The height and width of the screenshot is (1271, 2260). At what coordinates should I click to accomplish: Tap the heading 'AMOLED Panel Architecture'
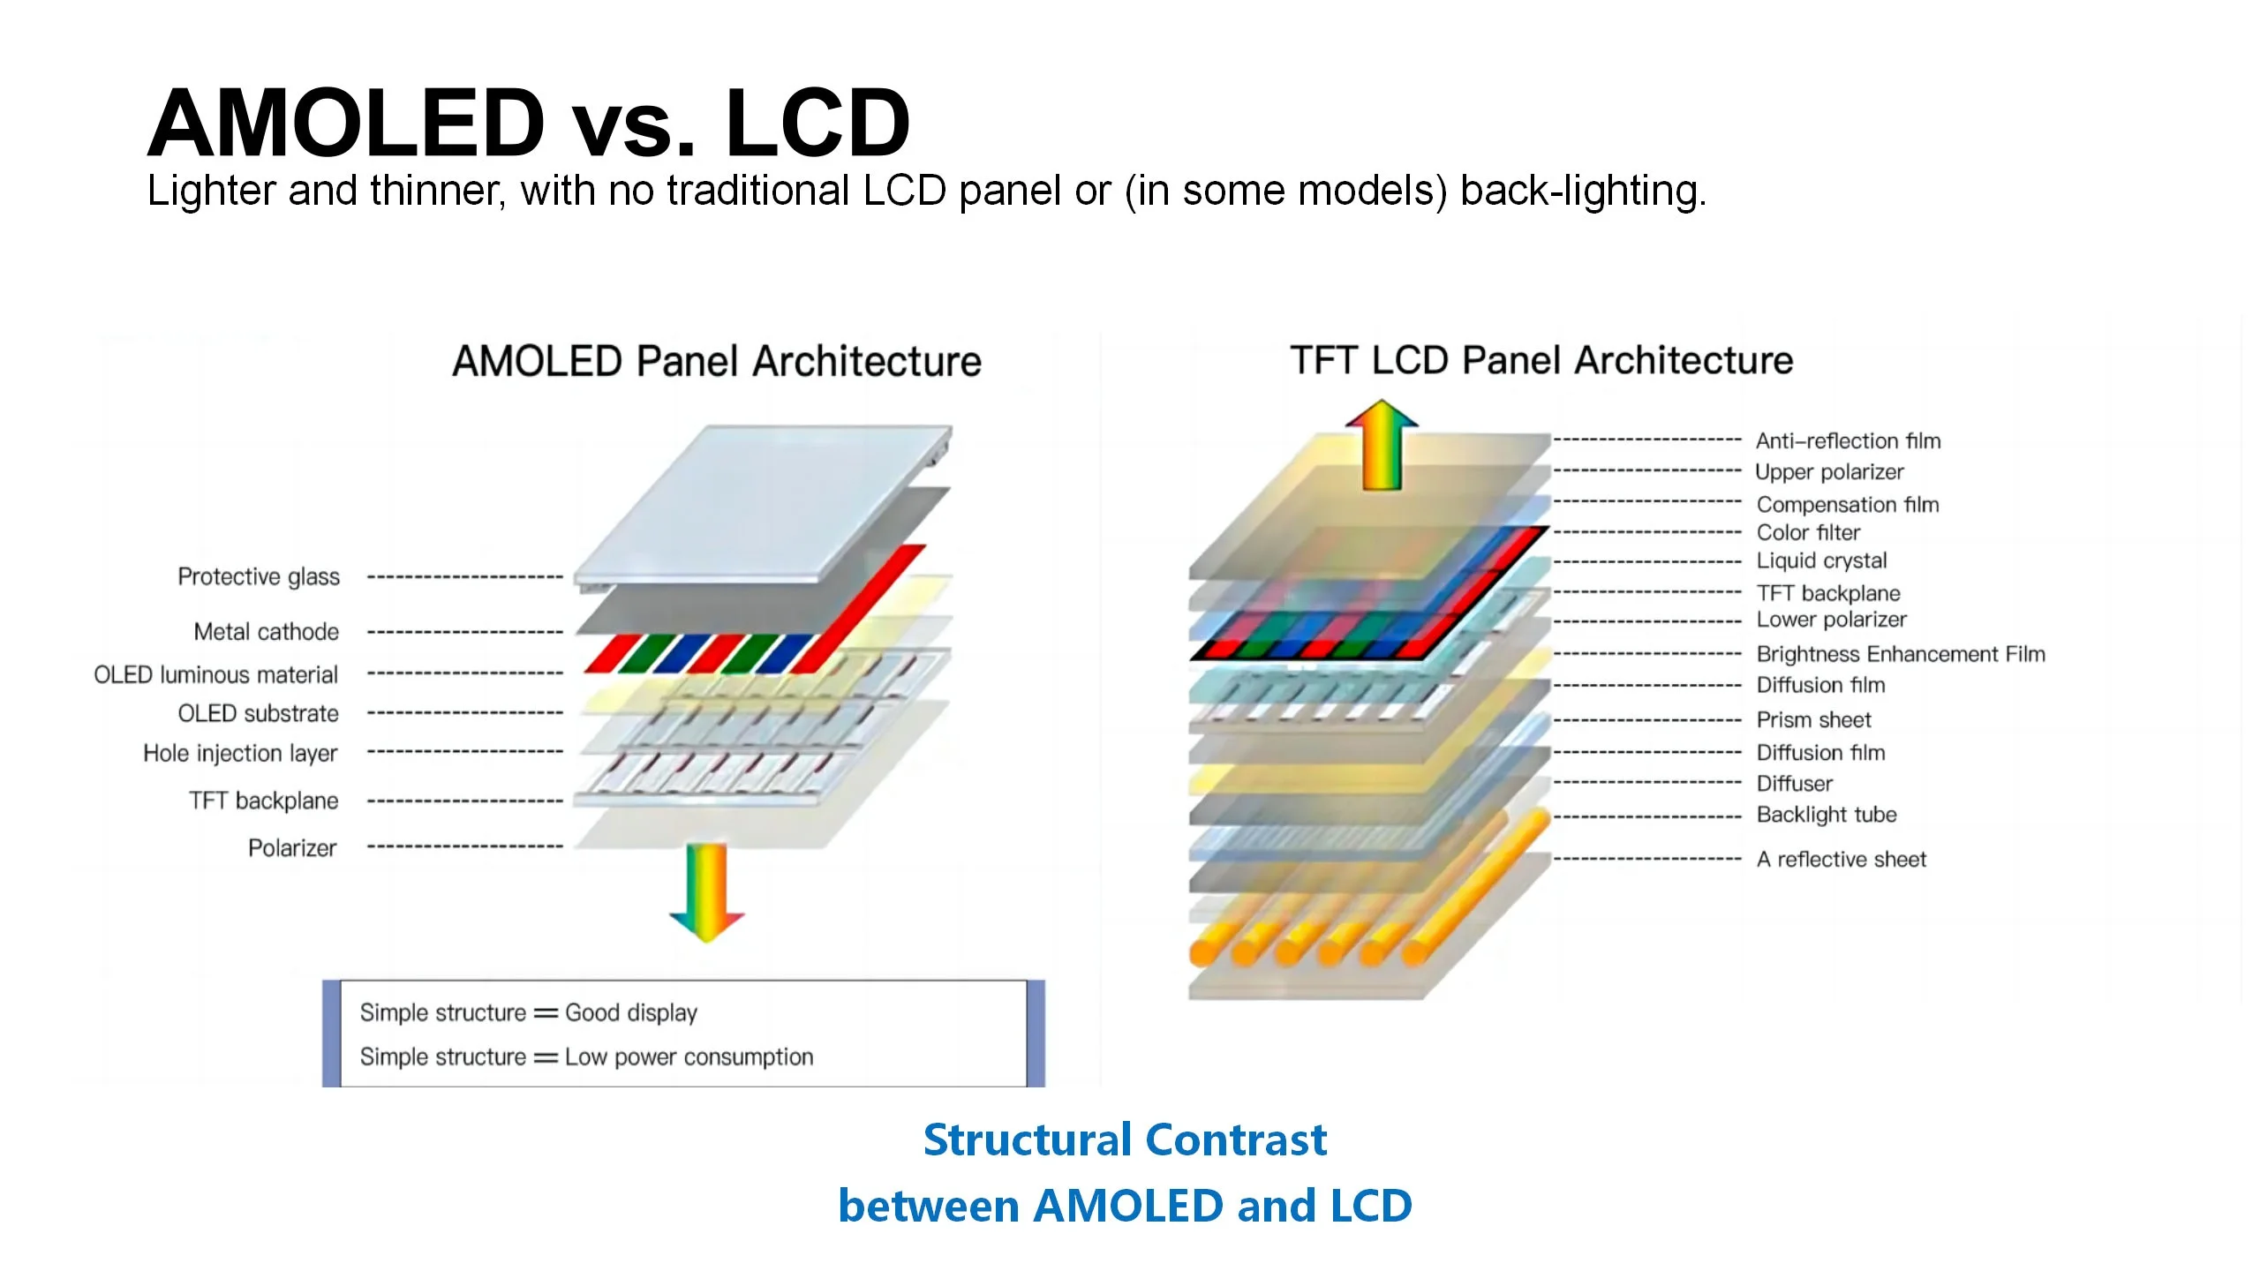(717, 361)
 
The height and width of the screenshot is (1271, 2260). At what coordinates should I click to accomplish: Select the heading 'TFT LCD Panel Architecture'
(1541, 360)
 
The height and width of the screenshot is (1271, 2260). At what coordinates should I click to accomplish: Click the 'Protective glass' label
(259, 576)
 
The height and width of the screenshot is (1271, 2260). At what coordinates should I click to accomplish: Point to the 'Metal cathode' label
(267, 632)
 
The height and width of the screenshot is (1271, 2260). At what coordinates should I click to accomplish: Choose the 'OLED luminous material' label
(216, 675)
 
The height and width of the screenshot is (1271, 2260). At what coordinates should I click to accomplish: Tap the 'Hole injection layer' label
(240, 754)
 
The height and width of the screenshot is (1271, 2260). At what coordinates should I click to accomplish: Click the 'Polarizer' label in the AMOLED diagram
(292, 848)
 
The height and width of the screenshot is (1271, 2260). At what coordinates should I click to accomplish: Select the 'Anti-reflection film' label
(1849, 440)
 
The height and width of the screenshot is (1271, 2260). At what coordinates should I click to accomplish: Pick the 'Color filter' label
(1808, 532)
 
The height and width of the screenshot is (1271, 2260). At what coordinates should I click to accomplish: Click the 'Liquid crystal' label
(1822, 560)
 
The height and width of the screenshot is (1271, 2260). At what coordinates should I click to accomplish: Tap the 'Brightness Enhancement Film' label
(1901, 654)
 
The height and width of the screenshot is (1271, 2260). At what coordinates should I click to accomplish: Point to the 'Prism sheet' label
(1814, 720)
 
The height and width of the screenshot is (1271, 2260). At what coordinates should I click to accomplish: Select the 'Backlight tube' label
(1827, 815)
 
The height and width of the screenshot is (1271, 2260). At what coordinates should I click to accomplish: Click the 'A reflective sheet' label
(1842, 860)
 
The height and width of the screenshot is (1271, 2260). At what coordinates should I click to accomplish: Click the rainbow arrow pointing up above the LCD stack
(1382, 445)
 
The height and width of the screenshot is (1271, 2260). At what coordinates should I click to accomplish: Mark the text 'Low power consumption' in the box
(689, 1057)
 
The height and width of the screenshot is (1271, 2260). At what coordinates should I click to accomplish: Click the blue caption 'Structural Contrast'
(1125, 1139)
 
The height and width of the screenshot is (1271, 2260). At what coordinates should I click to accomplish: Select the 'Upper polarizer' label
(1830, 472)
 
